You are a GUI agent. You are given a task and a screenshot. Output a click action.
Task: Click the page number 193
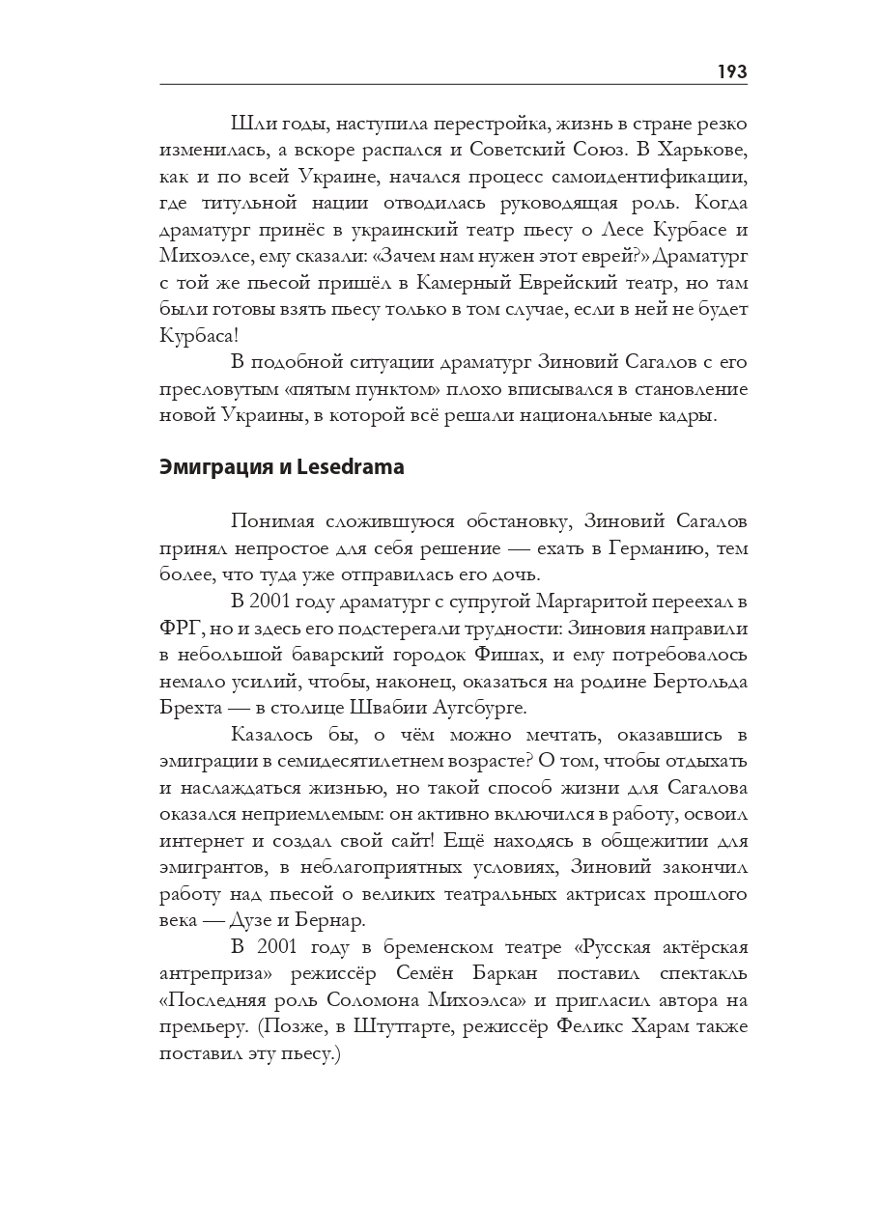(x=731, y=71)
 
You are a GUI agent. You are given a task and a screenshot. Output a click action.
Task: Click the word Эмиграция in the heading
(x=203, y=467)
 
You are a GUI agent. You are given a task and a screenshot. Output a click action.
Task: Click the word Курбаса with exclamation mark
(x=198, y=336)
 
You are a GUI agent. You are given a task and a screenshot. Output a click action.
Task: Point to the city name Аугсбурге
(x=475, y=707)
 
